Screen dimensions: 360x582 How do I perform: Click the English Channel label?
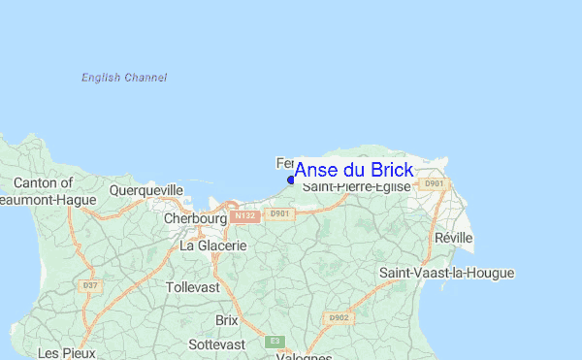coord(124,78)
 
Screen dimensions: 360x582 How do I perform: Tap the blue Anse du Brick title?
coord(353,170)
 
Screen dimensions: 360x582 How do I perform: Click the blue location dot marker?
coord(291,180)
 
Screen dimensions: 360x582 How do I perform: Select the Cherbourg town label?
coord(195,219)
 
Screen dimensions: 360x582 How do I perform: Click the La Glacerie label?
coord(213,246)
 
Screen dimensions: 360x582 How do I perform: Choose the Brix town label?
coord(226,319)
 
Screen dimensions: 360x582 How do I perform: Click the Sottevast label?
coord(216,344)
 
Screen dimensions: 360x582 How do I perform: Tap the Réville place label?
coord(454,238)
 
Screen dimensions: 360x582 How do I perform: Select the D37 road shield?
coord(92,285)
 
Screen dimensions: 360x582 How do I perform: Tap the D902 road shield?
coord(339,317)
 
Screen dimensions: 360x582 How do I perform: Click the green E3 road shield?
coord(275,342)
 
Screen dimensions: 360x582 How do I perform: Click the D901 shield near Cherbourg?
coord(280,213)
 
